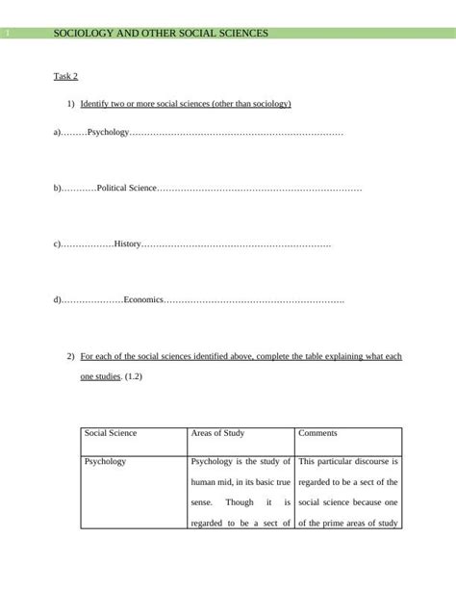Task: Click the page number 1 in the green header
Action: click(x=7, y=34)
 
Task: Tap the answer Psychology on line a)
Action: click(x=108, y=131)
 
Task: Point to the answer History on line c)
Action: click(x=127, y=244)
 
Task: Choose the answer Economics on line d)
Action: click(x=143, y=301)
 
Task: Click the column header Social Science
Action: click(x=111, y=434)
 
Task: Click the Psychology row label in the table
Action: click(x=105, y=462)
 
